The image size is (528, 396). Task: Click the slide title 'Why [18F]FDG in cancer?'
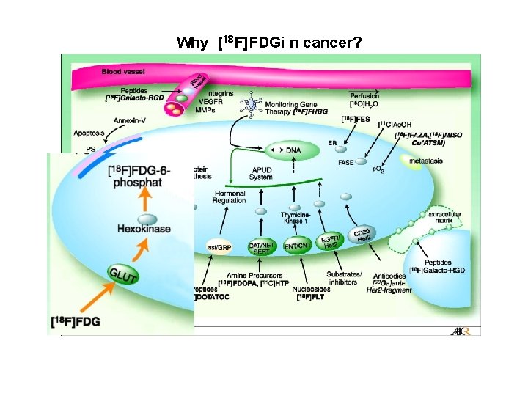click(x=268, y=43)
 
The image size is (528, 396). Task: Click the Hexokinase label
click(x=144, y=229)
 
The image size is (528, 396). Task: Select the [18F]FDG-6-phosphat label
click(x=139, y=176)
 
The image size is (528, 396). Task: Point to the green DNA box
click(x=293, y=150)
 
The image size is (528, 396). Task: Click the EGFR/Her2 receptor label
click(x=331, y=241)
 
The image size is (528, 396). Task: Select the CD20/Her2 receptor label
click(x=364, y=235)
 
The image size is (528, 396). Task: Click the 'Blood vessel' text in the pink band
click(x=123, y=72)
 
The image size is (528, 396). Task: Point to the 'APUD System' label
click(x=260, y=173)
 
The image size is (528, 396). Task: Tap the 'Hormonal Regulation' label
click(x=230, y=197)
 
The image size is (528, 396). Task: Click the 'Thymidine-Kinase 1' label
click(x=297, y=218)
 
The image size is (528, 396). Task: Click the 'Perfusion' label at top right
click(x=364, y=95)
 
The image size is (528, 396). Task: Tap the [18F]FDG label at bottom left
click(x=76, y=321)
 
